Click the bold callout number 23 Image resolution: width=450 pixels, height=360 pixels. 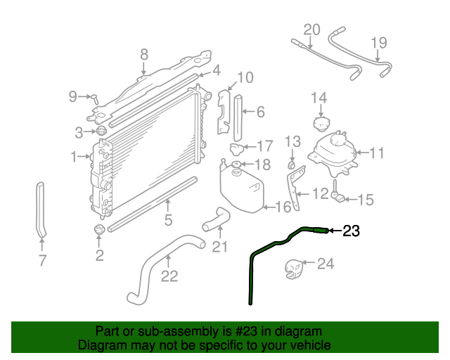(x=352, y=231)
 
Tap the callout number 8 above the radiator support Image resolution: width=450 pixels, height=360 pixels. (x=144, y=54)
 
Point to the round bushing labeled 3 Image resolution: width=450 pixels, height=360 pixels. (x=101, y=131)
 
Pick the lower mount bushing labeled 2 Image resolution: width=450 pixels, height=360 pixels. (x=99, y=230)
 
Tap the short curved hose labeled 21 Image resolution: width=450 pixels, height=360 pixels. (x=217, y=219)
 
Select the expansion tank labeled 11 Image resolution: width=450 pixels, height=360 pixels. (x=333, y=154)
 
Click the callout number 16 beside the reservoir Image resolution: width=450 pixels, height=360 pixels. (x=283, y=207)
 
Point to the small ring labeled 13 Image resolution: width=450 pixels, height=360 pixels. (x=292, y=165)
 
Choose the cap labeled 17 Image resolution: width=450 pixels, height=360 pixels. (x=236, y=149)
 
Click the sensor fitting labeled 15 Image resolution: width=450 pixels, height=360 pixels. (x=337, y=192)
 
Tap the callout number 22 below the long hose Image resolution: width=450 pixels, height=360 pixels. (x=169, y=276)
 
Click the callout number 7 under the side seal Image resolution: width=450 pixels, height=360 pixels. (x=42, y=260)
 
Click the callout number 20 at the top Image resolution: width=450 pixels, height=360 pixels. (x=312, y=30)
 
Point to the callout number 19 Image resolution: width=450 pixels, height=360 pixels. (x=379, y=43)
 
